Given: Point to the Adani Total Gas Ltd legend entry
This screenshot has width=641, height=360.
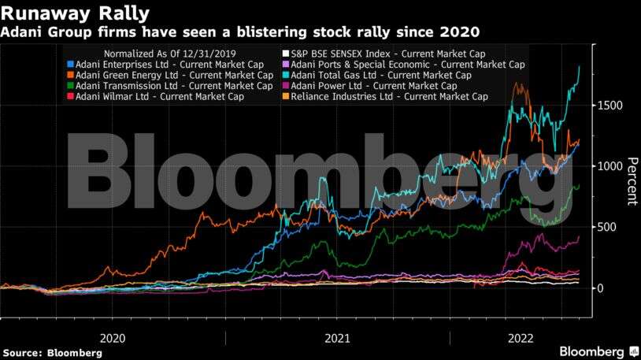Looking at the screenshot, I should tap(381, 75).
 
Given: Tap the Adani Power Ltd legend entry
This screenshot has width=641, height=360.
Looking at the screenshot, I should tap(374, 86).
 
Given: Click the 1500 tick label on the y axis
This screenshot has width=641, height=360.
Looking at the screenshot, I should tap(610, 106).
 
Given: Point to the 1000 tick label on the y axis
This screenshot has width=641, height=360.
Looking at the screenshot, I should tap(610, 166).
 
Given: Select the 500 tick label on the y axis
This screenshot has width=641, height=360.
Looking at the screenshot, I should tap(606, 227).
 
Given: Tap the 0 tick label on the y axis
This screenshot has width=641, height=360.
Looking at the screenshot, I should tap(600, 288).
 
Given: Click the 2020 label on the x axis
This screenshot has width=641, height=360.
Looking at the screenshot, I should tap(113, 337).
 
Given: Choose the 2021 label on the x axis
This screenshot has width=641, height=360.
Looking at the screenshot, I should tap(337, 337).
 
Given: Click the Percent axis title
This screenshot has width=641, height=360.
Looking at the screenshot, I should tap(630, 181).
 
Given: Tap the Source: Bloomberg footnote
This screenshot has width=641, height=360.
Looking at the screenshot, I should tap(52, 353).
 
